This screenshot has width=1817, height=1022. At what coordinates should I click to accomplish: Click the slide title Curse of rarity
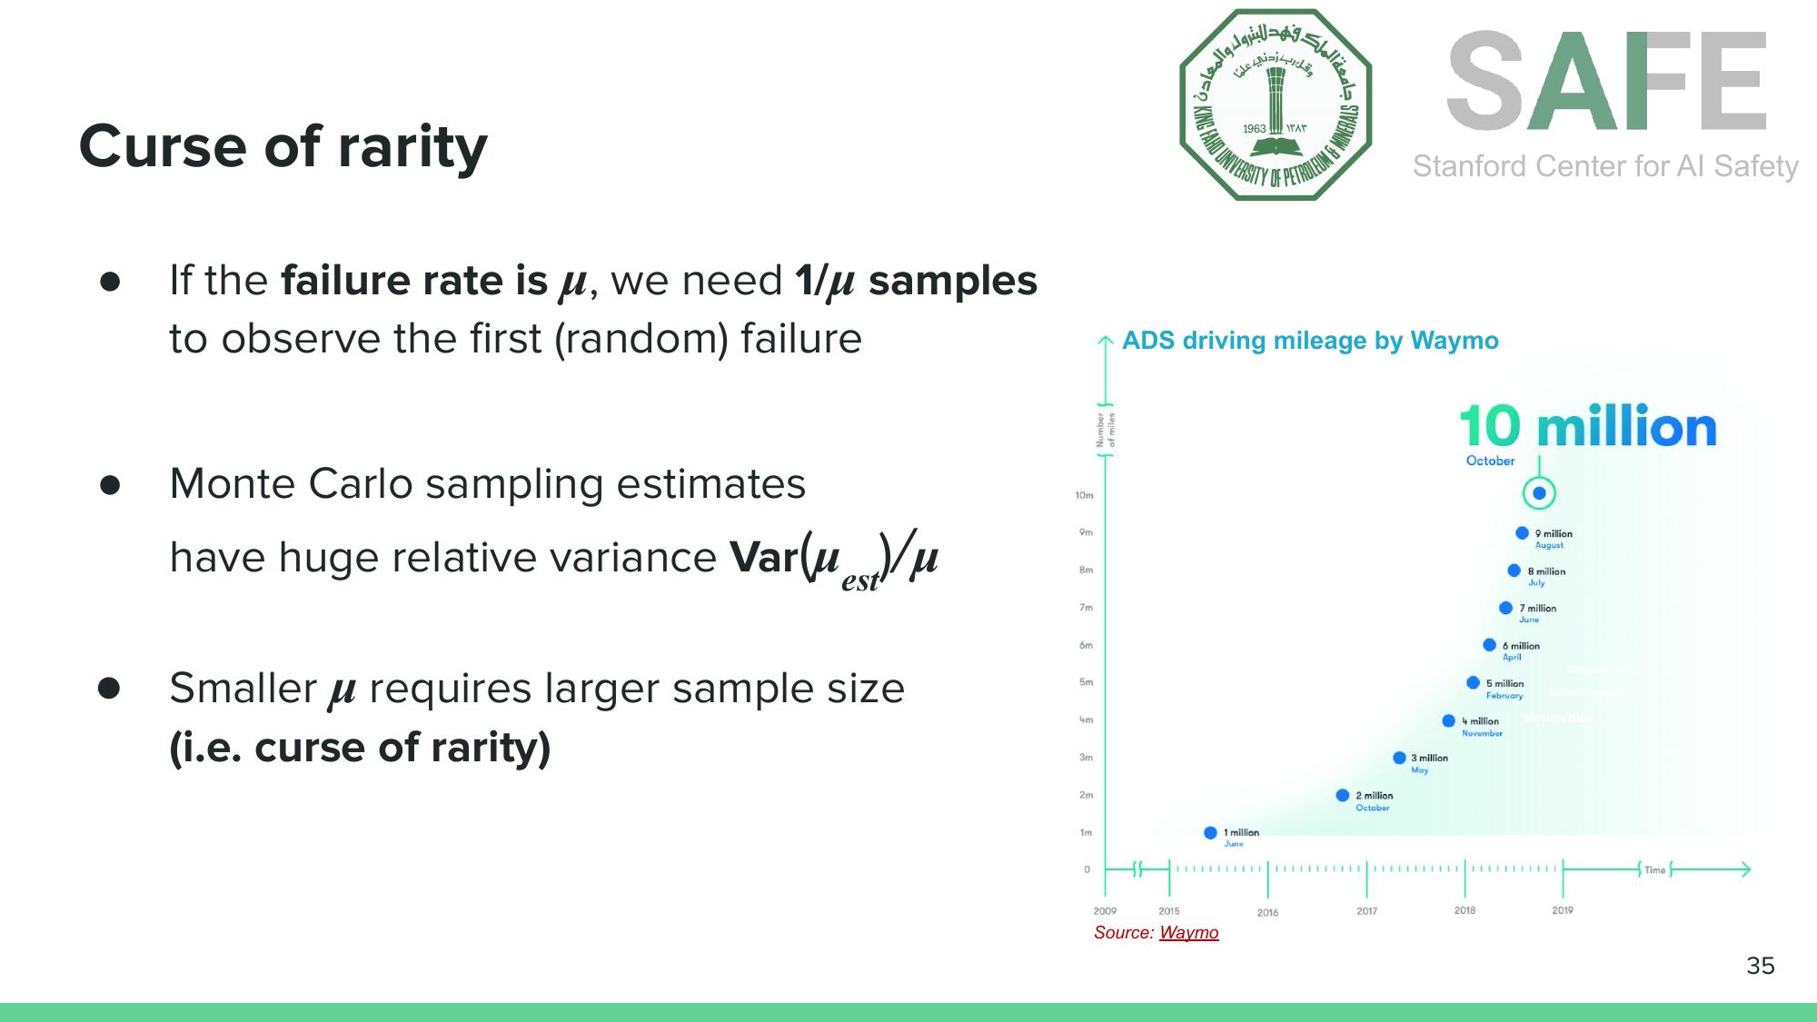(x=283, y=146)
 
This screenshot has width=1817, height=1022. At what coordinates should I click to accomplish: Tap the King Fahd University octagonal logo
(x=1275, y=104)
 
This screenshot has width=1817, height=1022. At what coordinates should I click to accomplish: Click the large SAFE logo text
(x=1606, y=81)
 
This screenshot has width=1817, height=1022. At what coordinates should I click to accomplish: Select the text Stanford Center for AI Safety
(x=1605, y=166)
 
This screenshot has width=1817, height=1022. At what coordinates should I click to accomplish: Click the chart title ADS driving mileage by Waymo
(x=1310, y=341)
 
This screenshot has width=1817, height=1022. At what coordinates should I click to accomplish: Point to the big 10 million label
(x=1587, y=427)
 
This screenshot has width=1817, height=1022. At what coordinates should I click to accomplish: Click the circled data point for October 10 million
(x=1539, y=493)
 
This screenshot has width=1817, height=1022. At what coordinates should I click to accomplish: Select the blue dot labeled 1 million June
(x=1210, y=833)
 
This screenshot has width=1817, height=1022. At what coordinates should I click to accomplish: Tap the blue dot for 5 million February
(x=1473, y=683)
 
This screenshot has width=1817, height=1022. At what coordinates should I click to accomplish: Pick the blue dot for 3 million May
(x=1399, y=758)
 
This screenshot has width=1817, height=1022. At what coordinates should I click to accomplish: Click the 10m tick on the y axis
(x=1084, y=496)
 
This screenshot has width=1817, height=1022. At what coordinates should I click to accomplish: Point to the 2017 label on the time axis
(x=1366, y=911)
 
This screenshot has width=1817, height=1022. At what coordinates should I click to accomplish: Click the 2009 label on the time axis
(x=1105, y=911)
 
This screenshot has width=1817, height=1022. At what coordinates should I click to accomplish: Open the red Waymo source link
(x=1188, y=933)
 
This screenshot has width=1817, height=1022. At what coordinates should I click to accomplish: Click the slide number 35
(x=1760, y=966)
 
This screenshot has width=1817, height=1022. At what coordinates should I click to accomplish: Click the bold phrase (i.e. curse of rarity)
(x=360, y=748)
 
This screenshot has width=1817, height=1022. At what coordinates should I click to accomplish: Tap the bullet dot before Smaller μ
(x=109, y=689)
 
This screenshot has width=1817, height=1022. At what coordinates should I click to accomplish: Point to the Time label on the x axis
(x=1654, y=870)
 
